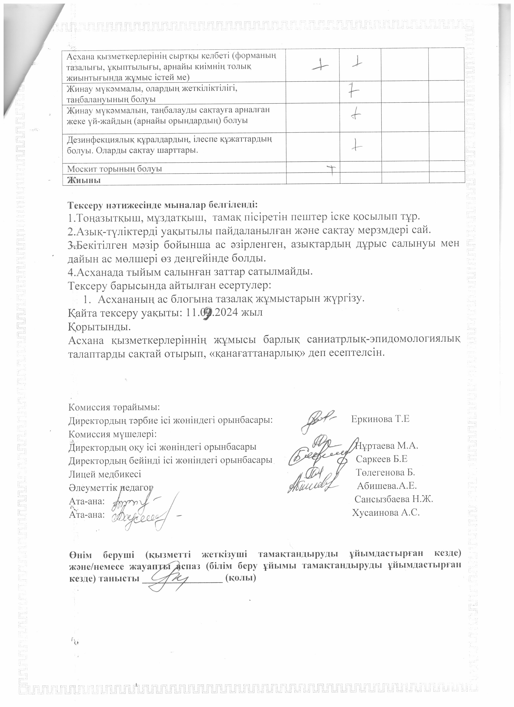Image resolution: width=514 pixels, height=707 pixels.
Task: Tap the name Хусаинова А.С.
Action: [386, 513]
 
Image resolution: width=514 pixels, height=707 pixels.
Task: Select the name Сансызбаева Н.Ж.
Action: [394, 499]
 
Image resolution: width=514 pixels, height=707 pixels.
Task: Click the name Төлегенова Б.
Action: [385, 472]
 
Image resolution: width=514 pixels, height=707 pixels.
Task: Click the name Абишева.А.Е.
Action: [387, 486]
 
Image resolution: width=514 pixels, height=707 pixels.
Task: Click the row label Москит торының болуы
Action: [115, 169]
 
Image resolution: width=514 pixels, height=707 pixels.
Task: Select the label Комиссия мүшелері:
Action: [112, 434]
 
